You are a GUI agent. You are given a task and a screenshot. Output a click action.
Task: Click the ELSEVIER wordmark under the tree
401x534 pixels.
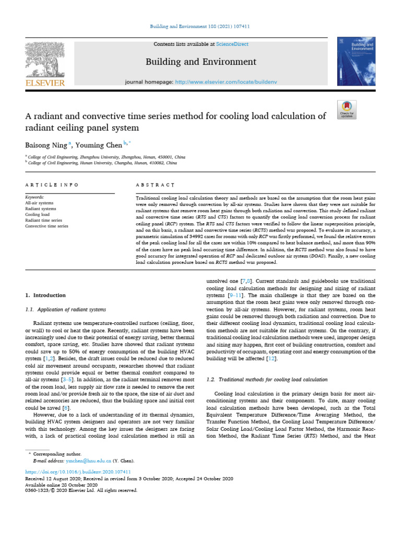[x=45, y=82]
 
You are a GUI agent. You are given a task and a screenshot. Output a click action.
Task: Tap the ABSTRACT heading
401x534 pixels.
[x=155, y=185]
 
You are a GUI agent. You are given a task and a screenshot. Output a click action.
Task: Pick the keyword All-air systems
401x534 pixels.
[x=39, y=203]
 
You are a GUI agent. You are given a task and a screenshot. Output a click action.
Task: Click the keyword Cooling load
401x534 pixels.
[x=38, y=215]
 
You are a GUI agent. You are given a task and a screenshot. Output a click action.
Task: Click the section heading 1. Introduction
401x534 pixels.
[x=46, y=295]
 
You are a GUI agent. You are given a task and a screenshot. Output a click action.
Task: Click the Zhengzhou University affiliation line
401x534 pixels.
[x=107, y=156]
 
